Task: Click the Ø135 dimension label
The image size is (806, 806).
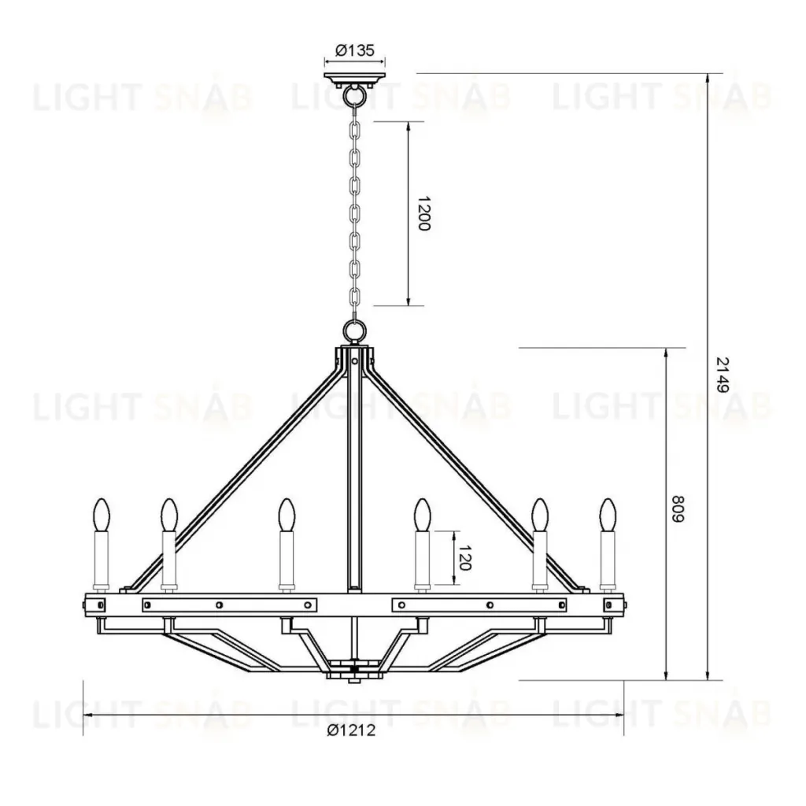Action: coord(355,50)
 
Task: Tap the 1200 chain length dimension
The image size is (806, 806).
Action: coord(423,213)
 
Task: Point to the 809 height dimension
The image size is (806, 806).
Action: coord(679,509)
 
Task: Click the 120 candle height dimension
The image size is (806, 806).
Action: coord(464,558)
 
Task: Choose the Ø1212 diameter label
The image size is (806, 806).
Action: coord(351,730)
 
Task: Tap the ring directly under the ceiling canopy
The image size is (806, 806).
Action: coord(354,94)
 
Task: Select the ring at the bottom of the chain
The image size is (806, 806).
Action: coord(354,330)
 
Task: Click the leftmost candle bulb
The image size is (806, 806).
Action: coord(102,515)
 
